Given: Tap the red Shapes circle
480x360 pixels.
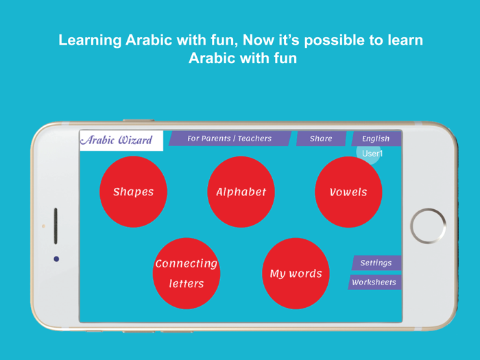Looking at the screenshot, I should coord(133,192).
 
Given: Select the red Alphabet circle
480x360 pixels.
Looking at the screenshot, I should coord(241,192).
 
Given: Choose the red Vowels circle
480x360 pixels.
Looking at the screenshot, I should coord(348,192).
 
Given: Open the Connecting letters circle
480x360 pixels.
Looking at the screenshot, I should coord(186,274).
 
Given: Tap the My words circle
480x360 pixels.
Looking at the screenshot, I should coord(296,274).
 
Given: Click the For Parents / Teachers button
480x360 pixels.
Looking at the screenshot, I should coord(230,139).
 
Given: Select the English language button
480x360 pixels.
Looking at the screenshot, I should coord(375,139).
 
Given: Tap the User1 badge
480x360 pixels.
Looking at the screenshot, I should coord(371,154).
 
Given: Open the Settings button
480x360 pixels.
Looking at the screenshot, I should coord(376,263).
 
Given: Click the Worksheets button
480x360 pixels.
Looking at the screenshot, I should coord(374,282).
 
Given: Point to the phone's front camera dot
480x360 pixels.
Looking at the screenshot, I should coord(56,259).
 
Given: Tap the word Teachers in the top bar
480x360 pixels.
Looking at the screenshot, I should coord(254,139).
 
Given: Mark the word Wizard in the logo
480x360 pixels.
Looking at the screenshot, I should coord(135,141).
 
